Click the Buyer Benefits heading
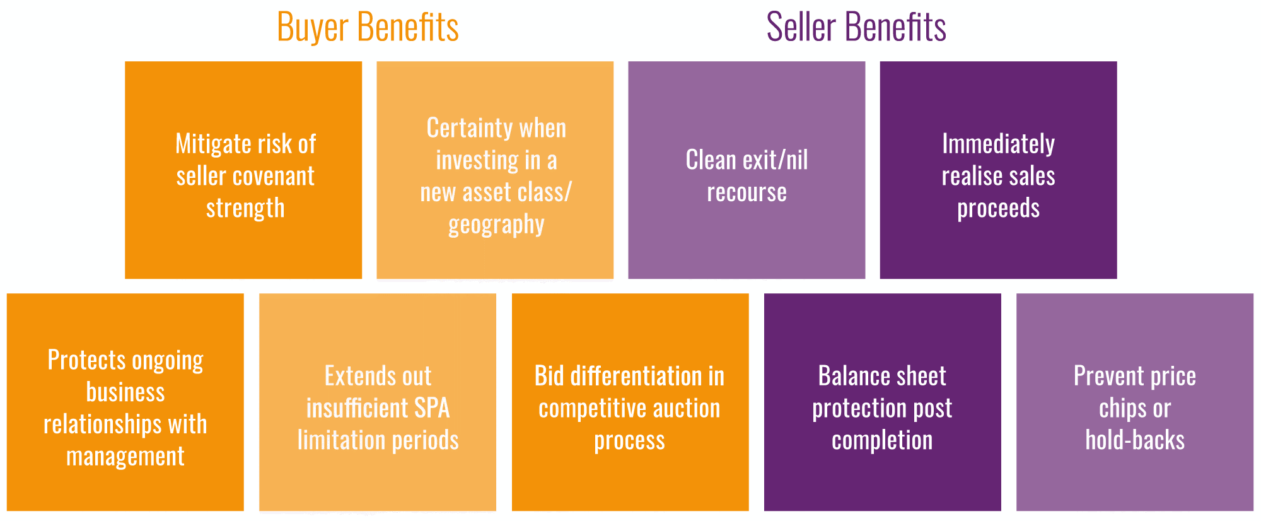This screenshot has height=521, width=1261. [368, 28]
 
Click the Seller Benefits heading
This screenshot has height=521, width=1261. [856, 28]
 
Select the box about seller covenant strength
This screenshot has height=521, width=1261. [243, 170]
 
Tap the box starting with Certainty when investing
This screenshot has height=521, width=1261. [495, 170]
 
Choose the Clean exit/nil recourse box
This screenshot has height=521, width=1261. [747, 170]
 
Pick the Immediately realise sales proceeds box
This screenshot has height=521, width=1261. [998, 170]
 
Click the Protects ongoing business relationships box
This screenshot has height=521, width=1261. [125, 402]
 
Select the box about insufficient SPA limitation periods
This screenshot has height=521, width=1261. [378, 402]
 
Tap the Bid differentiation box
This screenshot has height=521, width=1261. [630, 402]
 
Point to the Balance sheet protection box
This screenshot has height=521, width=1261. [882, 402]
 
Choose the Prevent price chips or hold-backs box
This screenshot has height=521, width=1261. [1134, 402]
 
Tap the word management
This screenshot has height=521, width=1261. [125, 456]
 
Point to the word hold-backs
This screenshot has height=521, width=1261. [1135, 440]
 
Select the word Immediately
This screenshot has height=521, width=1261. [998, 144]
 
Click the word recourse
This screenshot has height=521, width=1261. [747, 192]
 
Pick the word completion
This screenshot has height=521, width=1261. [882, 440]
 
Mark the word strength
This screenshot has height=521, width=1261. [245, 208]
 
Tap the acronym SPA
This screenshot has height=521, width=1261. [431, 408]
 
